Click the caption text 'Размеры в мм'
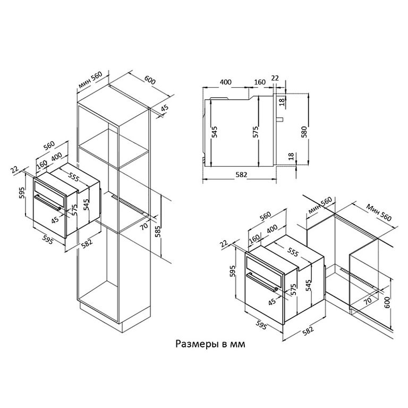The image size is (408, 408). coord(210,344)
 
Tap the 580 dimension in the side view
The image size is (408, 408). coord(304,132)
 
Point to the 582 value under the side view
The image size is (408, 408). coord(241,174)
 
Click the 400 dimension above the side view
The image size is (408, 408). coord(225,82)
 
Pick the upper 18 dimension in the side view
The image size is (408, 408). coord(282,102)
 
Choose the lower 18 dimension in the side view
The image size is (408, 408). coord(291,156)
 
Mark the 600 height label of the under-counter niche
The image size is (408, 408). coord(387,303)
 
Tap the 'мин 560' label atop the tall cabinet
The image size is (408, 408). coord(90,80)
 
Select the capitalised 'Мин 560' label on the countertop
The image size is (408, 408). coord(379,212)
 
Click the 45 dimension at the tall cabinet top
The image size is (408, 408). coord(164,108)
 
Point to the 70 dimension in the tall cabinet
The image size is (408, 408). coord(144,225)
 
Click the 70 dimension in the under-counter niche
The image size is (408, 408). coord(368,301)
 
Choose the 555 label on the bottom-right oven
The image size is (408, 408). coord(293,252)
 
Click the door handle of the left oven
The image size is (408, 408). coord(48,202)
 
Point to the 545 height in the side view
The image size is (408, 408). coord(214,132)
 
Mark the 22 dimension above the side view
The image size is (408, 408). coord(275,78)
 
